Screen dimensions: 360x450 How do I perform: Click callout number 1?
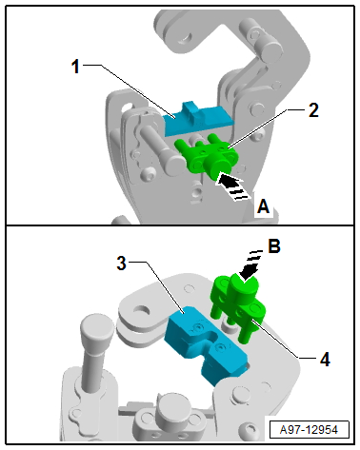point(75,67)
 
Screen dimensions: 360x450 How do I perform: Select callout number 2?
point(313,110)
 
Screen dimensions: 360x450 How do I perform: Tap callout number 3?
point(121,264)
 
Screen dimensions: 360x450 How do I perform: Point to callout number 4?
point(325,360)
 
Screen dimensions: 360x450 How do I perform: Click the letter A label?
point(263,206)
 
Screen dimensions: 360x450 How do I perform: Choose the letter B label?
point(274,245)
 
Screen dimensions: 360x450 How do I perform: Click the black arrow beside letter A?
point(232,187)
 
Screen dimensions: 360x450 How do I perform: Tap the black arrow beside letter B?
point(250,266)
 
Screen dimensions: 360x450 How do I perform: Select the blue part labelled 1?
point(198,120)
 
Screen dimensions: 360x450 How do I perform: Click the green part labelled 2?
point(207,158)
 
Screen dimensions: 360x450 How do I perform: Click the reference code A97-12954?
point(309,430)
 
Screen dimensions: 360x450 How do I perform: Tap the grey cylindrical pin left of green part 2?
point(163,149)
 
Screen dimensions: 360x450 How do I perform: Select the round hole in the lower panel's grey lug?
point(143,310)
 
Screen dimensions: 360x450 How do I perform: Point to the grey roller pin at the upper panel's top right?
point(261,41)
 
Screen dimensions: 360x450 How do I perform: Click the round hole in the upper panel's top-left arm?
point(185,38)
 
